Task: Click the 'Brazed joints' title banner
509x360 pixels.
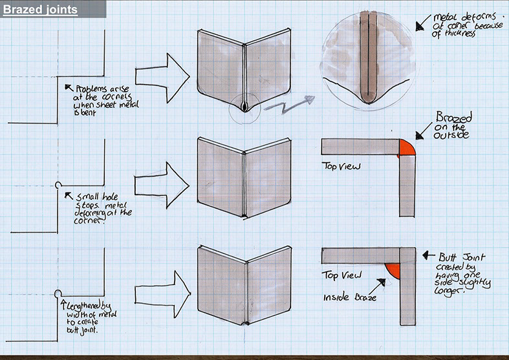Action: (40, 10)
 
